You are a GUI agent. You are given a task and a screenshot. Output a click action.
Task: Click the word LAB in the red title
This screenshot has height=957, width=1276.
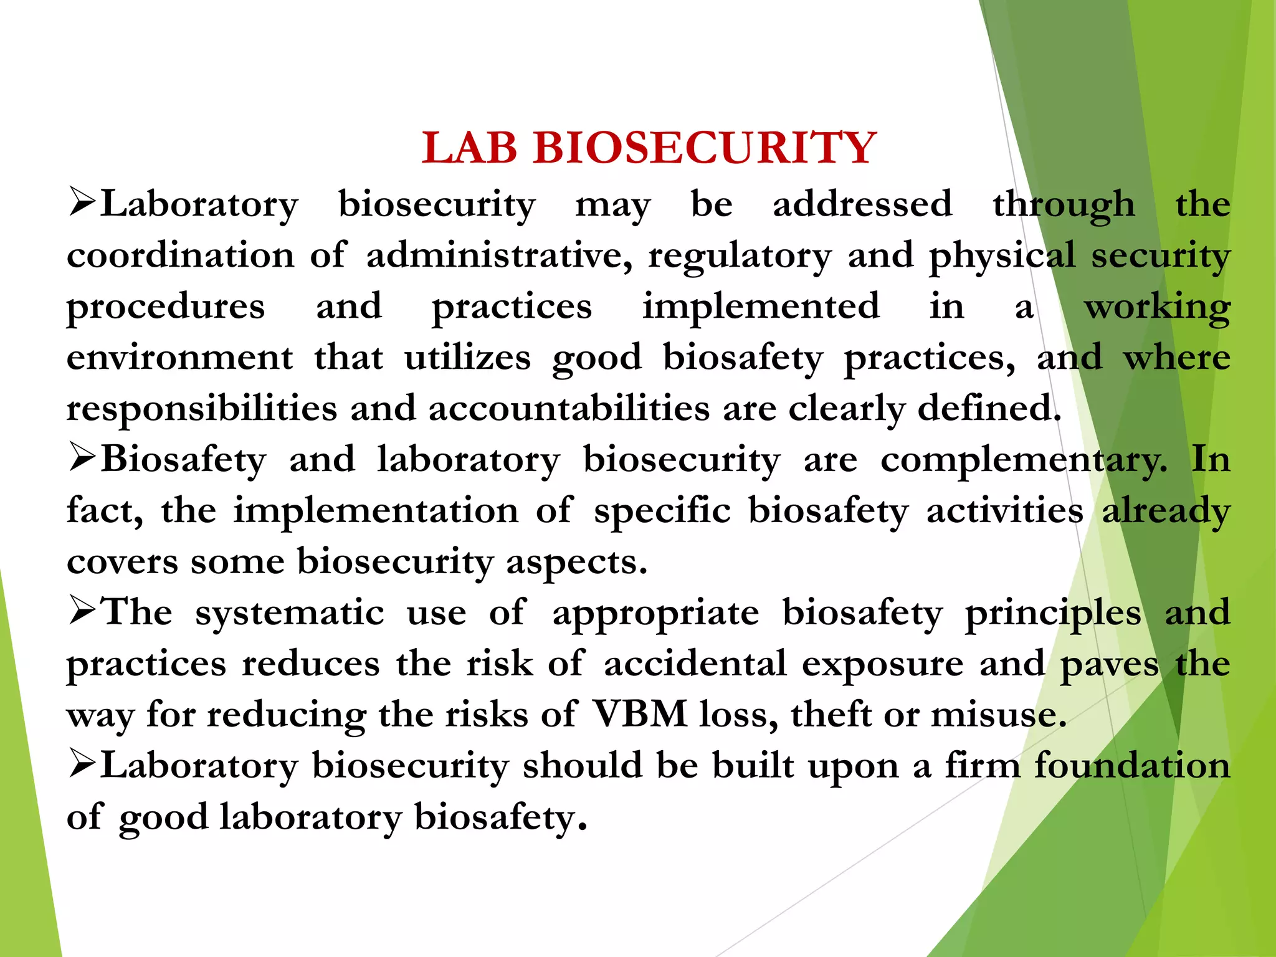[469, 148]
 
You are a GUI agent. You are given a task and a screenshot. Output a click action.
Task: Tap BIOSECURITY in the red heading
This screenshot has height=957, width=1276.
[705, 148]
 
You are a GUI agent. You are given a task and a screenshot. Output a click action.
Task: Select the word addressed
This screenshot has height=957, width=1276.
[862, 204]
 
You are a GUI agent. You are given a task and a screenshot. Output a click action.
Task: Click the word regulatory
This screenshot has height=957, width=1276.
[740, 256]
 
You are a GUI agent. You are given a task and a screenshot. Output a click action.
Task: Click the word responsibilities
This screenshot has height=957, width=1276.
[202, 409]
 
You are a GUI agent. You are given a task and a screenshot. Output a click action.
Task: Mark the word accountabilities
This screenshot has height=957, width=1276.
[569, 409]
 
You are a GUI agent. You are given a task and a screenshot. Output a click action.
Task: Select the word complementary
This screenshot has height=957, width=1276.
[1024, 460]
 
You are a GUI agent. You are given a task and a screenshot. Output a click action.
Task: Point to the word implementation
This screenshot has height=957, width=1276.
[376, 511]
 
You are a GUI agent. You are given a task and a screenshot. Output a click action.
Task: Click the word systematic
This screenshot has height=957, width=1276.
[290, 612]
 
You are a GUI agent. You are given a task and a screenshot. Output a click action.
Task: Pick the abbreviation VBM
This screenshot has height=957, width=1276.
[639, 714]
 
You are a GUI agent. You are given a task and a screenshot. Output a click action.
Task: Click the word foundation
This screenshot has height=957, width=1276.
[1132, 765]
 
